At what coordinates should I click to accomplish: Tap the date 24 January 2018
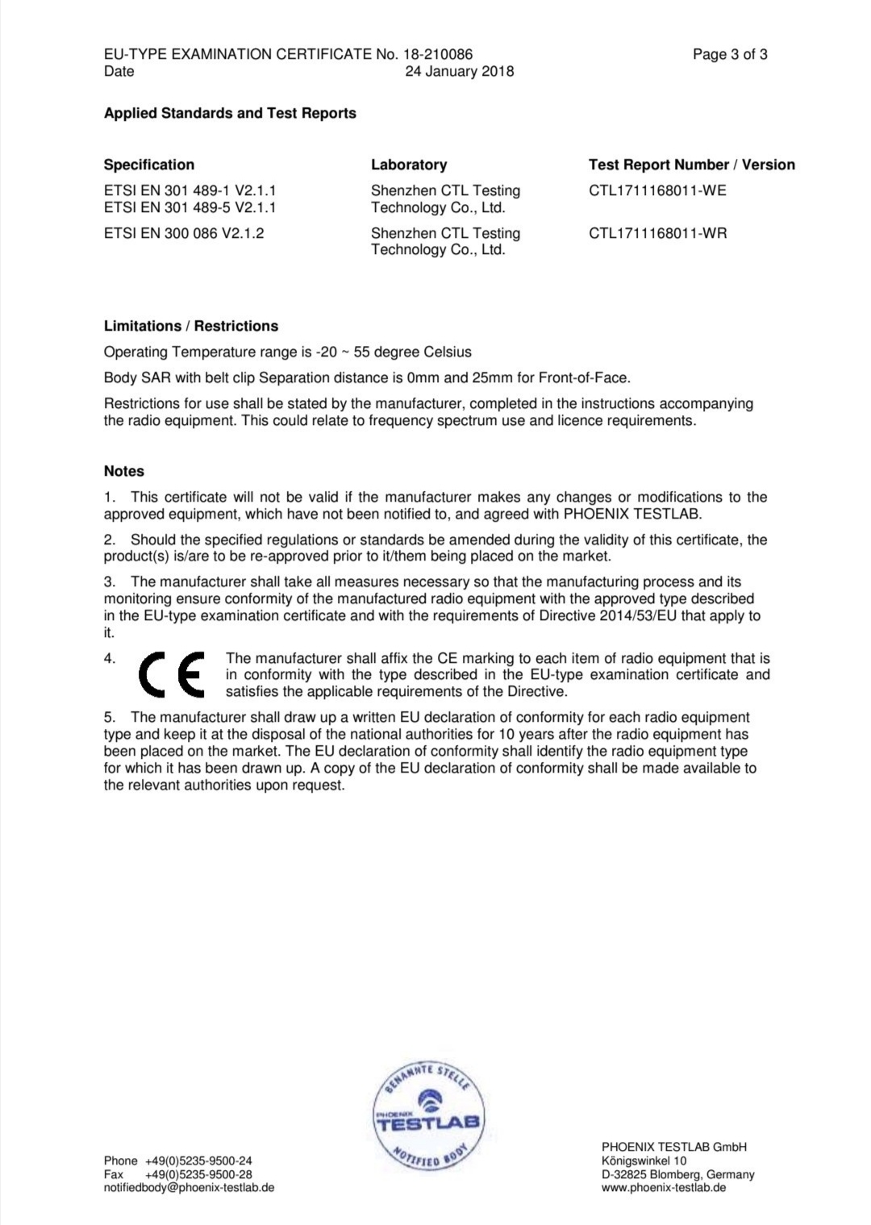click(459, 71)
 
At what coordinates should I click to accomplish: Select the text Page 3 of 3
click(730, 54)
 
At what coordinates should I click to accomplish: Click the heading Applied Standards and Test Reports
click(230, 113)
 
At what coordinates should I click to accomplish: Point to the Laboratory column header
click(409, 165)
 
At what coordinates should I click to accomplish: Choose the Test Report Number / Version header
click(691, 165)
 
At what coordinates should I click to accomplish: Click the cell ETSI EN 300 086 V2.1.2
click(184, 233)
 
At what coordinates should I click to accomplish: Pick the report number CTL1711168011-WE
click(657, 190)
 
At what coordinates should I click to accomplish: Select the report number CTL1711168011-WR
click(657, 233)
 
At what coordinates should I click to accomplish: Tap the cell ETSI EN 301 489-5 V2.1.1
click(190, 207)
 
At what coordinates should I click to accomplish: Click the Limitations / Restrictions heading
click(191, 326)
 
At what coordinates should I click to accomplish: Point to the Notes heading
click(124, 471)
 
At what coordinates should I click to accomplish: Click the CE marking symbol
click(171, 674)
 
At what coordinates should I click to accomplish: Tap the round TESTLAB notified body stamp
click(427, 1117)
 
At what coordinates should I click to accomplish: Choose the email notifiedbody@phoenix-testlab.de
click(189, 1188)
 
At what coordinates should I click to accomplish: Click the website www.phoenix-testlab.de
click(664, 1188)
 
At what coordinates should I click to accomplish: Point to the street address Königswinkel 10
click(644, 1160)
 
